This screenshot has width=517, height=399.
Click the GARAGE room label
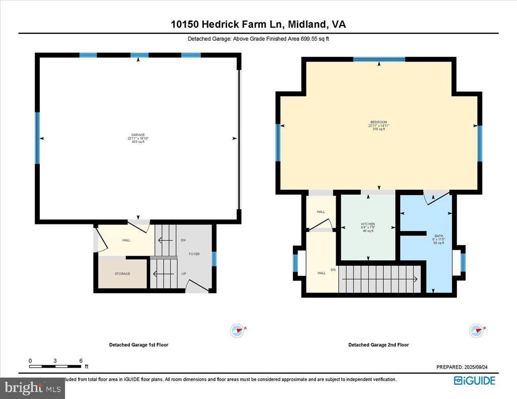pyautogui.click(x=135, y=135)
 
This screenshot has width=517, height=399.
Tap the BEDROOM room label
pyautogui.click(x=379, y=123)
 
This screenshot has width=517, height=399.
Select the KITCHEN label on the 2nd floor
pyautogui.click(x=368, y=224)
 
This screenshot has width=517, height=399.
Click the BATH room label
pyautogui.click(x=438, y=236)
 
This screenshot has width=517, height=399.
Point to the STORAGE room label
pyautogui.click(x=122, y=274)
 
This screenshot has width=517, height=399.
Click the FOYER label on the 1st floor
pyautogui.click(x=194, y=254)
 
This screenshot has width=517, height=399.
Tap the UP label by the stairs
pyautogui.click(x=183, y=274)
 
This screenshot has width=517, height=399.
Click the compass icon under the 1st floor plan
pyautogui.click(x=237, y=330)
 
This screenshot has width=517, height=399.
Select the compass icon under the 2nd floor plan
pyautogui.click(x=476, y=330)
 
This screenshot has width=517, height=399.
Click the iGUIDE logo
pyautogui.click(x=475, y=381)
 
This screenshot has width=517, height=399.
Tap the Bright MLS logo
pyautogui.click(x=32, y=388)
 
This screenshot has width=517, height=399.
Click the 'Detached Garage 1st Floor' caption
pyautogui.click(x=139, y=345)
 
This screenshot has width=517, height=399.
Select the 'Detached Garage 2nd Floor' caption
pyautogui.click(x=379, y=345)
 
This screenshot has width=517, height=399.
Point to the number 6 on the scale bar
pyautogui.click(x=81, y=361)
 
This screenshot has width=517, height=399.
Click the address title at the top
pyautogui.click(x=258, y=24)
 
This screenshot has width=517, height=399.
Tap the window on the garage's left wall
pyautogui.click(x=37, y=138)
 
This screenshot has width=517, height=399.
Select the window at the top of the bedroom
pyautogui.click(x=379, y=60)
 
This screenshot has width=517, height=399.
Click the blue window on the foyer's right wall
pyautogui.click(x=214, y=259)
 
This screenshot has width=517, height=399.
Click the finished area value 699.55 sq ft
pyautogui.click(x=314, y=39)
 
